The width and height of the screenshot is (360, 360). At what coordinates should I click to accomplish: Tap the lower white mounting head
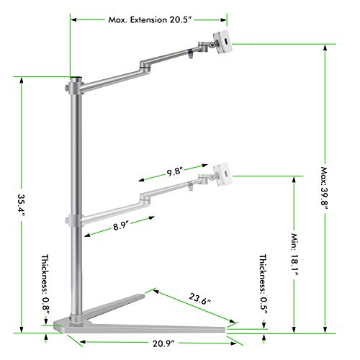tap(221, 174)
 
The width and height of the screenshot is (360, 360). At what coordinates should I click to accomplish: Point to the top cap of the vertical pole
tap(74, 77)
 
